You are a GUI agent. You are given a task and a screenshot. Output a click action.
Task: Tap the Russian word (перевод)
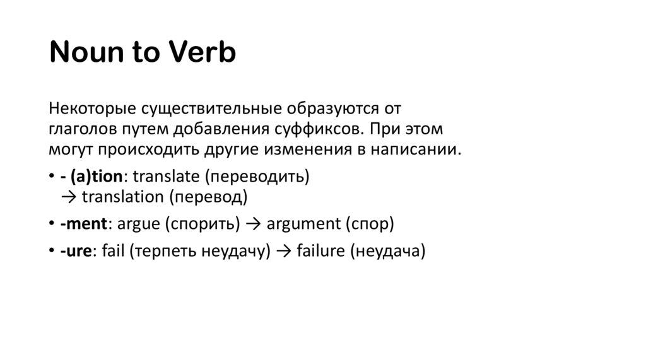[208, 197]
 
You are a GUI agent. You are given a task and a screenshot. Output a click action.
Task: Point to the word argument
[303, 225]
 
